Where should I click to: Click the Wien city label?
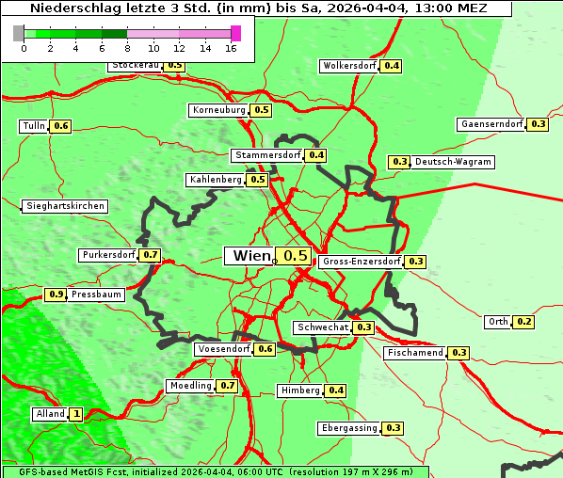point(249,256)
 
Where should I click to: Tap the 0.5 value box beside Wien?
point(296,256)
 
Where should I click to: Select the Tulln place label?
point(34,126)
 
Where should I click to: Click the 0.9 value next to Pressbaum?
point(56,295)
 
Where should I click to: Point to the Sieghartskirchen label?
point(65,206)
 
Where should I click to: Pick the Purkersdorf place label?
point(108,255)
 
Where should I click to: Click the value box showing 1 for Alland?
point(76,414)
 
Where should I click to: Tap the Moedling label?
point(190,386)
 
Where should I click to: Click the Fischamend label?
point(415,353)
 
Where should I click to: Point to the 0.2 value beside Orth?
point(524,322)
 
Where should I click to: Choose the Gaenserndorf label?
point(491,124)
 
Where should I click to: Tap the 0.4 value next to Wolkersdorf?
point(392,66)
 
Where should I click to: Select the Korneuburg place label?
point(219,110)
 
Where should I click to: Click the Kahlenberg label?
point(216,179)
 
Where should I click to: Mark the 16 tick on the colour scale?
point(231,47)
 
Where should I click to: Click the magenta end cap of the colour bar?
point(235,33)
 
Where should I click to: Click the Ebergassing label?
point(349,428)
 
